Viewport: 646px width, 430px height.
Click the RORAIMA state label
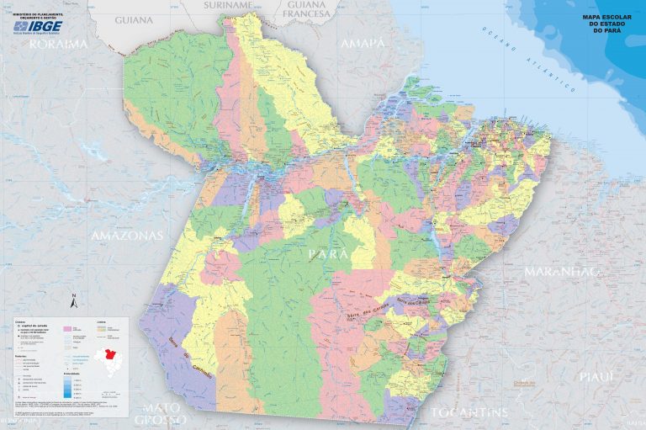pyautogui.click(x=58, y=44)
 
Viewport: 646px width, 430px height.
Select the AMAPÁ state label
pyautogui.click(x=363, y=42)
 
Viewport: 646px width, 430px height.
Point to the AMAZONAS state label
pyautogui.click(x=126, y=236)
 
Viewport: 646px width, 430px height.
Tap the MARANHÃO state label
pyautogui.click(x=561, y=272)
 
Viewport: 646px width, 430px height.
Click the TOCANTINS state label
pyautogui.click(x=469, y=412)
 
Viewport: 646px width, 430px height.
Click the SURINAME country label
pyautogui.click(x=228, y=5)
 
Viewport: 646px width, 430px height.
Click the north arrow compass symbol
pyautogui.click(x=74, y=301)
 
